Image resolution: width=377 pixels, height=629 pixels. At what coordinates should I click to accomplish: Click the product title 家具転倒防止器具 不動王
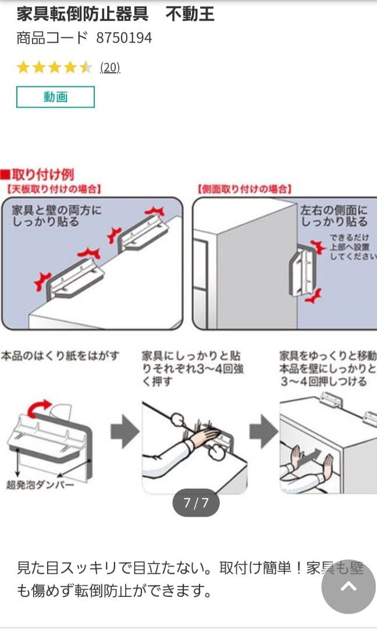click(x=115, y=15)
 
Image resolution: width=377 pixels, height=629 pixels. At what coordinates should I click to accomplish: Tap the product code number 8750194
click(x=124, y=38)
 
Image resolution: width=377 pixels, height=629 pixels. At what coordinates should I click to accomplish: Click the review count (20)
click(x=110, y=68)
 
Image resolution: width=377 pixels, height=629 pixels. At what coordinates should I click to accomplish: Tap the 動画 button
click(x=55, y=97)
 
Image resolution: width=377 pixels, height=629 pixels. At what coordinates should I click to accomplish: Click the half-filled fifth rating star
click(x=86, y=68)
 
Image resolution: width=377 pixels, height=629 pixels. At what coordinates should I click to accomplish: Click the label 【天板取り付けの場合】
click(x=54, y=189)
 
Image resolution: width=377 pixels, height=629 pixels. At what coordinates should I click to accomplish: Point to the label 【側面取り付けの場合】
click(x=244, y=189)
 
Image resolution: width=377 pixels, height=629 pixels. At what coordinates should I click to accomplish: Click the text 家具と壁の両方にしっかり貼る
click(x=56, y=215)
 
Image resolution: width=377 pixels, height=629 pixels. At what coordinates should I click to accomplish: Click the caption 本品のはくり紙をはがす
click(x=60, y=355)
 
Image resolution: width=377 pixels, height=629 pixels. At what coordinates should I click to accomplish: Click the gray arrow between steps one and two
click(x=125, y=433)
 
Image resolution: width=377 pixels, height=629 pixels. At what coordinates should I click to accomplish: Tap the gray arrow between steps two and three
click(x=264, y=433)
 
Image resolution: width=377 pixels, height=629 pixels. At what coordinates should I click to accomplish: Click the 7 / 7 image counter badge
click(x=195, y=503)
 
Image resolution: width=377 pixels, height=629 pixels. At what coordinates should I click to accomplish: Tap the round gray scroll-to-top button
click(x=348, y=586)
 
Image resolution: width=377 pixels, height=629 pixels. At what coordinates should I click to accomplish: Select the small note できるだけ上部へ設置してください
click(x=350, y=247)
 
